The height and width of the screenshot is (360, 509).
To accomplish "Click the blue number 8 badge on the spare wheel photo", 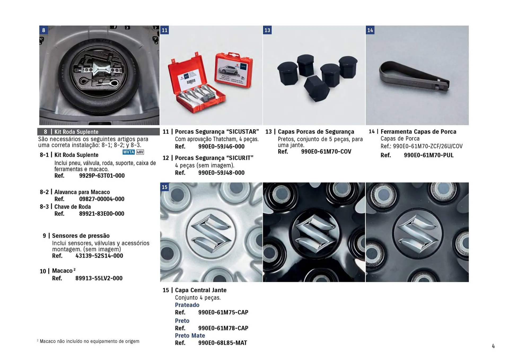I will click(x=43, y=30).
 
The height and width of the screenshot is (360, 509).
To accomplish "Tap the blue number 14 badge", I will click(x=370, y=30).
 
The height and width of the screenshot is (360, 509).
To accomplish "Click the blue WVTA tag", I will click(x=129, y=152).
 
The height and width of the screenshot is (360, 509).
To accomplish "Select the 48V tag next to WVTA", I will click(x=140, y=152).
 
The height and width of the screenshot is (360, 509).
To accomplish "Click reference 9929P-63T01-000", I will click(x=102, y=175).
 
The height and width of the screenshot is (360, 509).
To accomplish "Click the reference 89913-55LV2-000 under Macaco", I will click(x=99, y=278).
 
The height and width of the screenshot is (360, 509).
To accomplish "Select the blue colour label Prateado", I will click(x=187, y=305).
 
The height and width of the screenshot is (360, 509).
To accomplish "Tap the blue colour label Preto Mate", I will click(x=190, y=335).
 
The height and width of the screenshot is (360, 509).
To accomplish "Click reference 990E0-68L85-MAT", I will click(x=222, y=343).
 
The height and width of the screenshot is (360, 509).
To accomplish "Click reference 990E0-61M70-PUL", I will click(x=428, y=155).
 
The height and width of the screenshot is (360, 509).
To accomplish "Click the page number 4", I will click(x=493, y=346).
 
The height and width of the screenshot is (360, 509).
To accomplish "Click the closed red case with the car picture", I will click(x=234, y=70).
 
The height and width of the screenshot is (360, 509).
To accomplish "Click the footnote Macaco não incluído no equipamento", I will click(x=89, y=341).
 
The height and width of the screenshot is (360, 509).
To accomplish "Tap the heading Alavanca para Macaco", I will click(x=82, y=192).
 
